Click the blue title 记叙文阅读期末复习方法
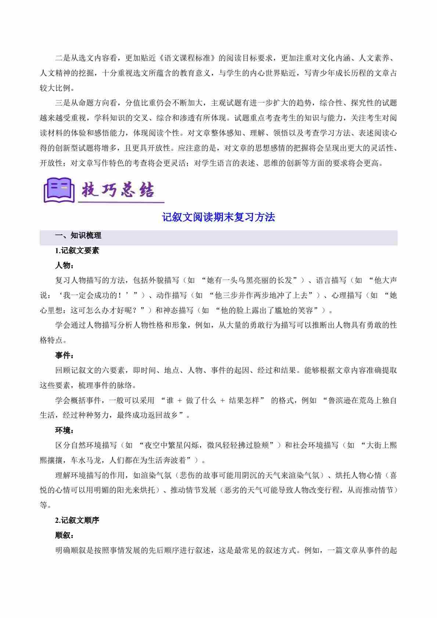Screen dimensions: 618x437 pyautogui.click(x=218, y=217)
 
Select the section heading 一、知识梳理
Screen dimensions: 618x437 pyautogui.click(x=78, y=236)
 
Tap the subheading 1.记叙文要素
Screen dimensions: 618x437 pyautogui.click(x=77, y=251)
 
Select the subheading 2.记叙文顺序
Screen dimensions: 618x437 pyautogui.click(x=77, y=520)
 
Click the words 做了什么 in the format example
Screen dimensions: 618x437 pyautogui.click(x=201, y=400)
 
